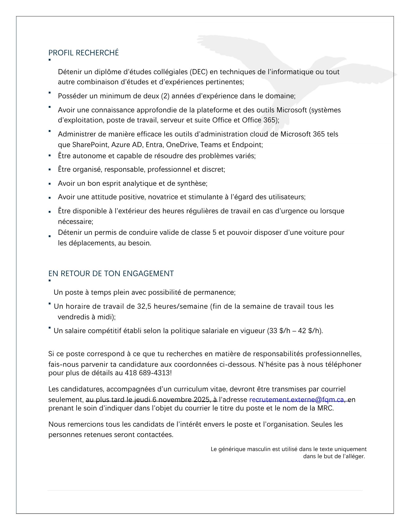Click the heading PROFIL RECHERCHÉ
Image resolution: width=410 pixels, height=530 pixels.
(84, 53)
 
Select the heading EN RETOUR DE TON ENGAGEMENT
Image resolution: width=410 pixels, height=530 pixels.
(111, 273)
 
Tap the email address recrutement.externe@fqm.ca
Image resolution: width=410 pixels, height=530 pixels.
(296, 400)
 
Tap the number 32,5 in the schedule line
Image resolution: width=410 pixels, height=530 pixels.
(144, 306)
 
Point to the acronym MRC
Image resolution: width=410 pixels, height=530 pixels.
(325, 408)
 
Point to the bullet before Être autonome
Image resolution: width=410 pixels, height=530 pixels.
(50, 156)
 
